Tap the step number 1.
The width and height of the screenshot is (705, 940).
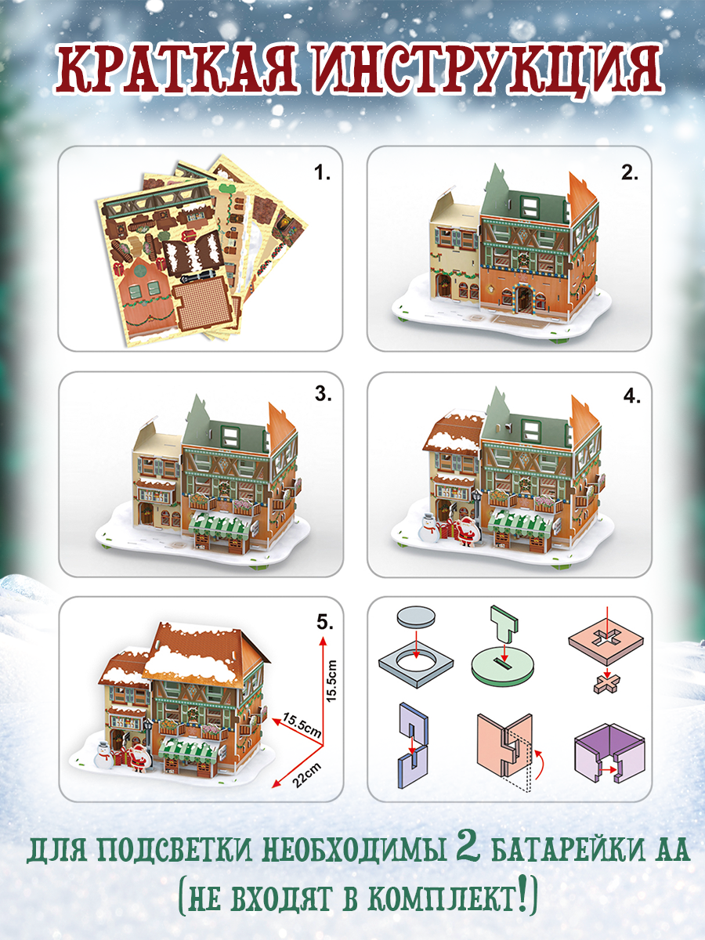tap(322, 173)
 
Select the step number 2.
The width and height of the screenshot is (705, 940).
tap(630, 173)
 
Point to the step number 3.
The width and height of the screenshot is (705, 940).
tap(324, 394)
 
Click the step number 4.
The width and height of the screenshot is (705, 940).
tap(632, 397)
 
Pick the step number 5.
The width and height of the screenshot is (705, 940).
tap(325, 623)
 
